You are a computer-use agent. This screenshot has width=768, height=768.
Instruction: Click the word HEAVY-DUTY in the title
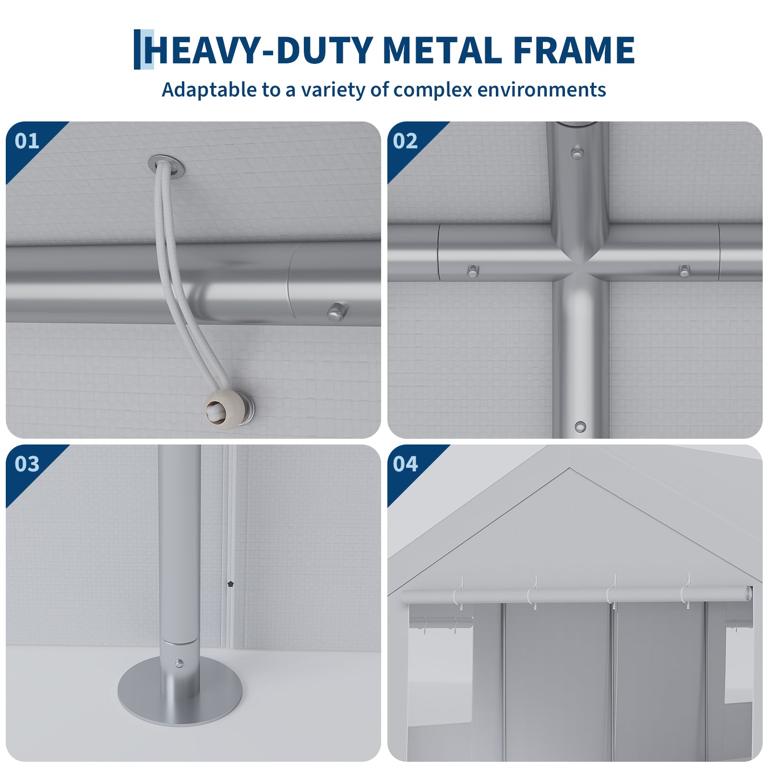(x=261, y=50)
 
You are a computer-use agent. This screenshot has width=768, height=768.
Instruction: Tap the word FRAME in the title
(x=574, y=50)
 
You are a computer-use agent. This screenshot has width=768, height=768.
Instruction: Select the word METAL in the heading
(x=443, y=50)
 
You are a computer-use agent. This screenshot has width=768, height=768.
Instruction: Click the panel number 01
(x=27, y=141)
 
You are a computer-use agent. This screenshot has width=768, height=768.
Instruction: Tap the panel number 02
(x=405, y=141)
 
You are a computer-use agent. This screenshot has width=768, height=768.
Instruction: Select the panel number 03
(x=27, y=464)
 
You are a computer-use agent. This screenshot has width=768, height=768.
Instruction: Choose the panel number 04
(x=405, y=464)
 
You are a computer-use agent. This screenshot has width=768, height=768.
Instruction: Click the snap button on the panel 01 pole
(x=337, y=312)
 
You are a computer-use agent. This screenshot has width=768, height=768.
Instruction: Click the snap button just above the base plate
(x=179, y=664)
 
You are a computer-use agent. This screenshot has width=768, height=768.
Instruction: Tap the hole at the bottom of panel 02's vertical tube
(x=580, y=426)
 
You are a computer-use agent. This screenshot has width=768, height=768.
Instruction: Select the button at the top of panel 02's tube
(x=576, y=153)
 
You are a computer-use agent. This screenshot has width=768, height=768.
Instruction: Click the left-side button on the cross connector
(x=473, y=271)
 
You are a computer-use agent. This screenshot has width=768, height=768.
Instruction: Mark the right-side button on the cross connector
(x=684, y=271)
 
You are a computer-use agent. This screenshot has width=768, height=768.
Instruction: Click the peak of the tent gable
(x=570, y=468)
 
